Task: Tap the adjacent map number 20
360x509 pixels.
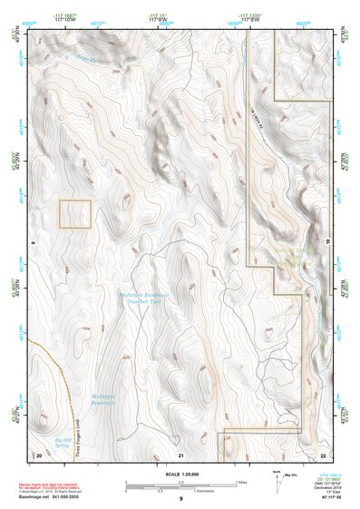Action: [39, 453]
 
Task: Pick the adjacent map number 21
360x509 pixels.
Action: [181, 454]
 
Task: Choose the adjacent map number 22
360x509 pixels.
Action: [324, 454]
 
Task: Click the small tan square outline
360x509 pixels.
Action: [75, 213]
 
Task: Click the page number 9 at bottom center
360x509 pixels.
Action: [180, 500]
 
